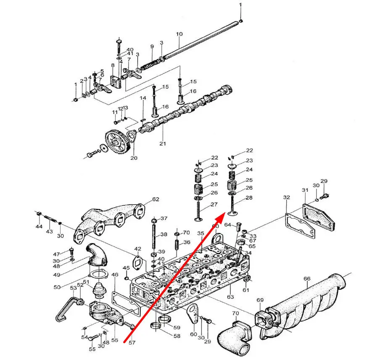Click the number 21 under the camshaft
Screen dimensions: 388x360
[x=163, y=143]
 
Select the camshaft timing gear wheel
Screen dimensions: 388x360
[x=118, y=142]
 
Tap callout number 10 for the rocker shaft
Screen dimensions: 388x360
[x=179, y=34]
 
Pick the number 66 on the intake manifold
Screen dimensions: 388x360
[x=307, y=278]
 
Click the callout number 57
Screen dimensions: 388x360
[x=132, y=343]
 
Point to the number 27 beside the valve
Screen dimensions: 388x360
[x=214, y=204]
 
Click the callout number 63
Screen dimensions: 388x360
[x=230, y=296]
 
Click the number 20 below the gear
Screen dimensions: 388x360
[x=134, y=158]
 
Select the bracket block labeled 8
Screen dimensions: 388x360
[x=116, y=82]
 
